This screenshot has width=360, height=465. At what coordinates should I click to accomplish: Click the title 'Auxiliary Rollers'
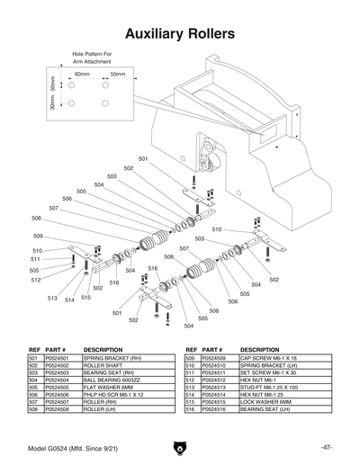180,33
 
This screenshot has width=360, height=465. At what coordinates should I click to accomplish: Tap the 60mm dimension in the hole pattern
82,74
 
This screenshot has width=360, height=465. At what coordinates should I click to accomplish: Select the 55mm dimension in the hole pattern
117,74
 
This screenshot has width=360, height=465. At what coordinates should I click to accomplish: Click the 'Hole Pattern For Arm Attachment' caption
90,58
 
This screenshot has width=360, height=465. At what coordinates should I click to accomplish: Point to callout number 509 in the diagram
37,236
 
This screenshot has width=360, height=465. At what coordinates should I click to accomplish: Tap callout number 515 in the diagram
85,298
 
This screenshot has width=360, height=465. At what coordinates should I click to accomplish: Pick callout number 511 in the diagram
37,259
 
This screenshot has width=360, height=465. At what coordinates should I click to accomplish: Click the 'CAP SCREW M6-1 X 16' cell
273,358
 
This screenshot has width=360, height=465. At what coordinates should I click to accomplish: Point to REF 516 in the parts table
190,408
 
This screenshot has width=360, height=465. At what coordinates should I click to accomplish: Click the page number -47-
326,447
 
